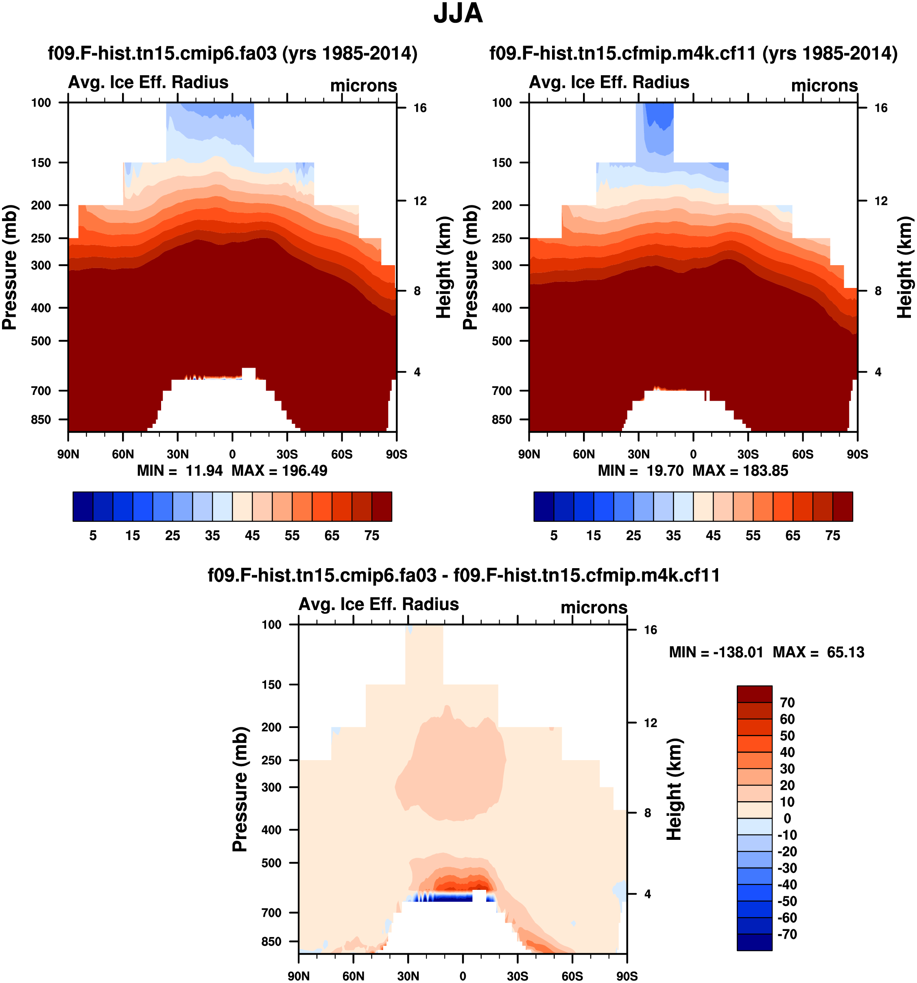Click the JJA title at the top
(458, 13)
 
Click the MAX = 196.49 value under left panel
(279, 470)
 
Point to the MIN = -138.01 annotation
(716, 652)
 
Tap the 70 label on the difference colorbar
(787, 703)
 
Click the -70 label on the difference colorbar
(787, 934)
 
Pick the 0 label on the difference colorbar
(787, 818)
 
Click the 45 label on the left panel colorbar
(252, 536)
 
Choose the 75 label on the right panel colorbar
(833, 536)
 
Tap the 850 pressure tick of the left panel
(41, 420)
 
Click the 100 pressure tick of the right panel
(502, 103)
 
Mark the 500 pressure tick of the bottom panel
(271, 863)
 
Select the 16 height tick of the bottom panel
(651, 630)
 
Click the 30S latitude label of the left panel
(287, 454)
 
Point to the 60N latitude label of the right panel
(584, 454)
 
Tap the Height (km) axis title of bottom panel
(674, 789)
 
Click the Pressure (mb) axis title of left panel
(9, 267)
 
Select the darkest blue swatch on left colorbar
(83, 506)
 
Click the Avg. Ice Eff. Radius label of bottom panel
(379, 604)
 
